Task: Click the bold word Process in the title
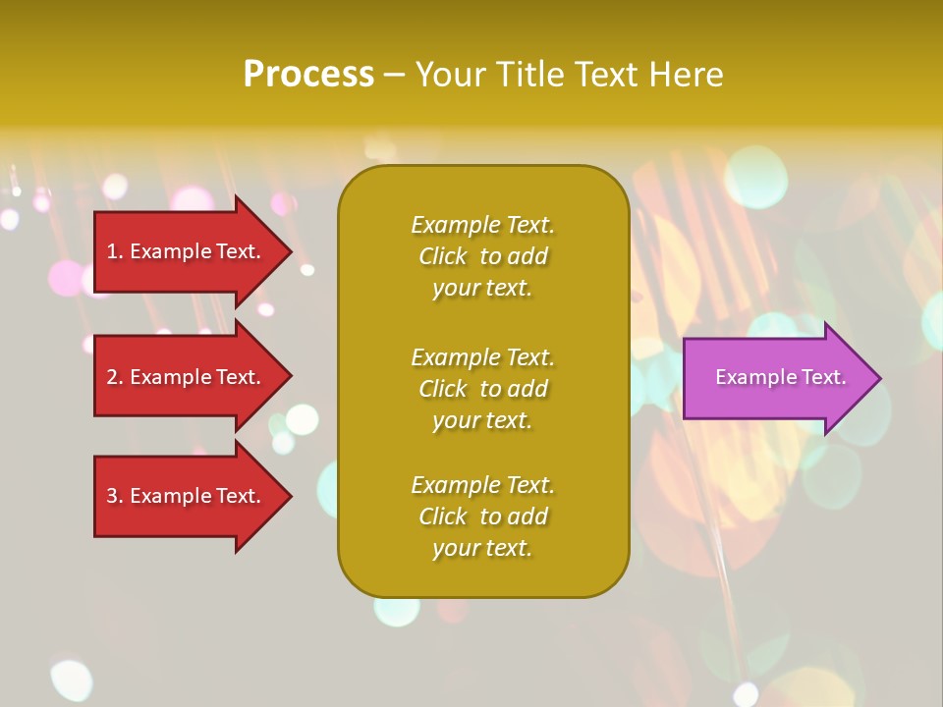(x=308, y=75)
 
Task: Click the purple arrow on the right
(x=776, y=378)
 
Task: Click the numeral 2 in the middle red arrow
(x=112, y=377)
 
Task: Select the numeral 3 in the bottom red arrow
(x=112, y=496)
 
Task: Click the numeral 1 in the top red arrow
(x=112, y=251)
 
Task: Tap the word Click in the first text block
(x=443, y=256)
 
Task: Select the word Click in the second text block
(x=443, y=389)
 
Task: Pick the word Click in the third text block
(x=443, y=517)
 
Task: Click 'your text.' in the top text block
(x=482, y=288)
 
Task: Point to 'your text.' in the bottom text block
(x=482, y=548)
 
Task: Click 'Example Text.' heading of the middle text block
(x=482, y=357)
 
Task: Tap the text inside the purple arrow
(x=780, y=377)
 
